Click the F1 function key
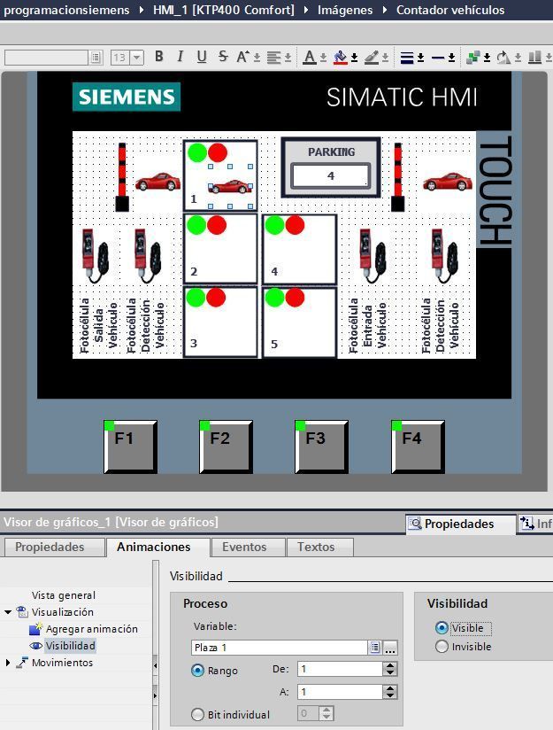[130, 447]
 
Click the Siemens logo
[127, 97]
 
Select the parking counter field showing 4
[331, 176]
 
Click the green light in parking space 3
[196, 298]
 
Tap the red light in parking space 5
[295, 298]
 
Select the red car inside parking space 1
[231, 186]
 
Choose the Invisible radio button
[442, 646]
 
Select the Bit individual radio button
[197, 714]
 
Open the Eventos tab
[244, 547]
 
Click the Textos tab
[316, 547]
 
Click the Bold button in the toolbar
[159, 57]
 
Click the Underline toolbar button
[202, 57]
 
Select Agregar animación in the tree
[92, 629]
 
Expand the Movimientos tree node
[8, 663]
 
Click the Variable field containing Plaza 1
[279, 647]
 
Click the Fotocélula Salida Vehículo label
[98, 324]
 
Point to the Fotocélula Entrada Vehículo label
[367, 324]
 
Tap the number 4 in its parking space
[274, 271]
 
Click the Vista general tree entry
[63, 595]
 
